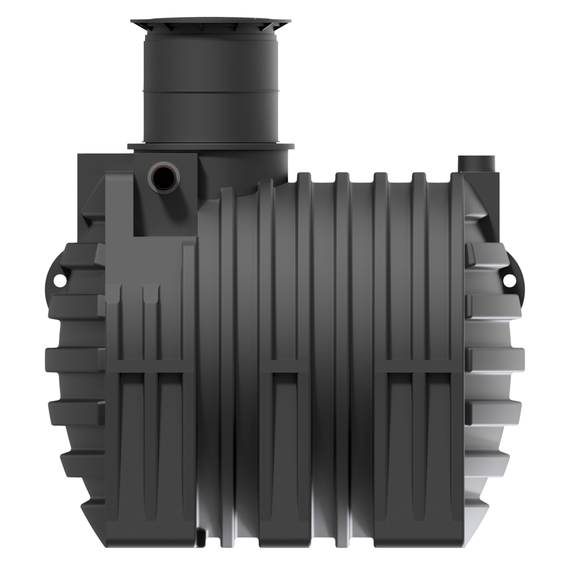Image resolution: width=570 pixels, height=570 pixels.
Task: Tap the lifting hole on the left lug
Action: point(60,278)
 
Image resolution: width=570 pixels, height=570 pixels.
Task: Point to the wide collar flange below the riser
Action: point(211,146)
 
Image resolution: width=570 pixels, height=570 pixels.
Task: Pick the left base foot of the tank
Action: point(150,531)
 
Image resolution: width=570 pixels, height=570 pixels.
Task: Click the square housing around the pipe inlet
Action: point(165,195)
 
